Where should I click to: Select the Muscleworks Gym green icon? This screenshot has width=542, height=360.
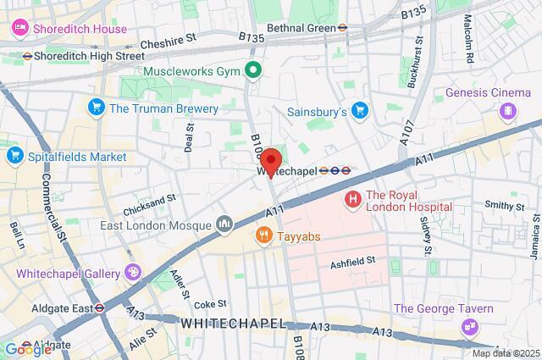[252, 70]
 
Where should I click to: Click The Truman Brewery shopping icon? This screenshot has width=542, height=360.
[96, 108]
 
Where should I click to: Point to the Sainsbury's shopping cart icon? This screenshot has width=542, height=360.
[361, 110]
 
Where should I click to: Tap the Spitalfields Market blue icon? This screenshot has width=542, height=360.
[14, 156]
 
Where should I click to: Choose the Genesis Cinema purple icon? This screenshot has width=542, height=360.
[507, 110]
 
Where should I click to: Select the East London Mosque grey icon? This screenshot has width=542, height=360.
[224, 224]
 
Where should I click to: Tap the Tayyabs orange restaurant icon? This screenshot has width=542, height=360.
[265, 235]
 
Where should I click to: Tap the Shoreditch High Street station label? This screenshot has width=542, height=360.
[84, 56]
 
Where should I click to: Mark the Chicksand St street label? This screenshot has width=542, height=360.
[148, 197]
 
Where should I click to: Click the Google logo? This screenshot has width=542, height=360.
[27, 349]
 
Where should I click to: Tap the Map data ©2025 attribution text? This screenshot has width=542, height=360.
[505, 353]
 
